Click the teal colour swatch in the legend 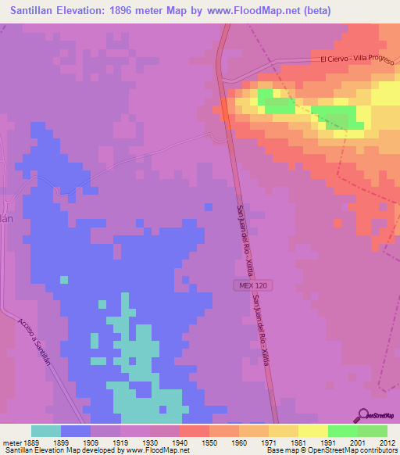[x=46, y=431]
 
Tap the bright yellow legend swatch [x=313, y=431]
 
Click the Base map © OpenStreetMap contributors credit [x=331, y=450]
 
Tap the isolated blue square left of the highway [x=209, y=206]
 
